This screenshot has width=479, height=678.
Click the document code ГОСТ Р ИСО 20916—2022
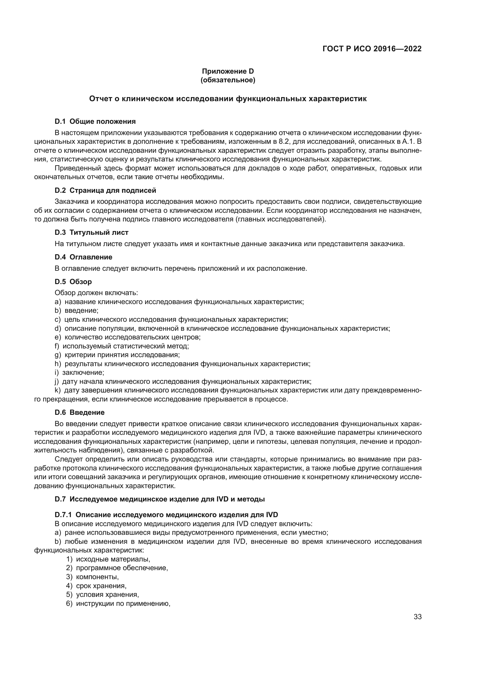click(x=372, y=49)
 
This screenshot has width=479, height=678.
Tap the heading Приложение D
click(x=228, y=71)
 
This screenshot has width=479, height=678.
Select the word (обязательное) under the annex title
click(x=228, y=80)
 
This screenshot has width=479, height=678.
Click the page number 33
click(x=418, y=617)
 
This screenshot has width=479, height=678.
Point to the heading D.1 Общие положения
click(x=95, y=121)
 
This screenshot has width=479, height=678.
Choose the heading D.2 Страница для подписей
click(x=105, y=190)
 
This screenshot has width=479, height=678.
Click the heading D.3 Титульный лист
click(x=92, y=232)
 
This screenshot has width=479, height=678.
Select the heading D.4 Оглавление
click(x=83, y=257)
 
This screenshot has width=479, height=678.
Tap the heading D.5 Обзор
click(x=73, y=282)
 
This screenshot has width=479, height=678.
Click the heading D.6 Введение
click(x=80, y=412)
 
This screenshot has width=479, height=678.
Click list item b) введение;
click(x=77, y=311)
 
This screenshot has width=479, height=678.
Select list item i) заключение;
click(x=79, y=372)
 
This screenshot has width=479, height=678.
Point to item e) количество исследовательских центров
click(x=128, y=337)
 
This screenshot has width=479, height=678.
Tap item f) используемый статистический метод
click(x=122, y=346)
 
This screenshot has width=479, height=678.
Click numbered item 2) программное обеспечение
click(x=117, y=568)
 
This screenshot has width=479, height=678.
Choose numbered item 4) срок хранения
click(x=96, y=586)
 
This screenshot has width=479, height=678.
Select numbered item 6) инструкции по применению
click(x=118, y=603)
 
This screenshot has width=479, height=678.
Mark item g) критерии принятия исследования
click(x=117, y=355)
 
